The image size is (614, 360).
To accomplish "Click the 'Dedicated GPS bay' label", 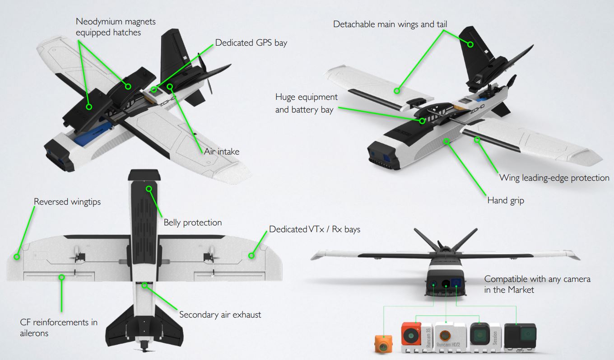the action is click(x=251, y=43).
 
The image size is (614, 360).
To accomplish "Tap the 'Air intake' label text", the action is click(x=222, y=152).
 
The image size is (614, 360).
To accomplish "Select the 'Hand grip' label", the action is click(x=506, y=201).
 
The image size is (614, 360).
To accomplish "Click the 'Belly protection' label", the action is click(x=193, y=223).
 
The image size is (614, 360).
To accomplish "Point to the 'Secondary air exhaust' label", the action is click(x=220, y=314).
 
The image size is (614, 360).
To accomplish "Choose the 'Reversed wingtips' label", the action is click(x=67, y=202).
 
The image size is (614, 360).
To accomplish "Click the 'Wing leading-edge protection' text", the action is click(x=554, y=178).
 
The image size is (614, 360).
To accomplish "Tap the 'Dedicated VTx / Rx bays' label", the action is click(x=315, y=229).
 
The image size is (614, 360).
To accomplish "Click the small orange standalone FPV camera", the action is click(x=383, y=344).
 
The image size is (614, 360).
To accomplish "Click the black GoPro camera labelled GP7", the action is click(x=520, y=338).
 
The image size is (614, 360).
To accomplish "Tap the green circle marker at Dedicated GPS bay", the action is click(x=154, y=89).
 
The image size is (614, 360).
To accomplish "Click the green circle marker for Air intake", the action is click(x=170, y=87).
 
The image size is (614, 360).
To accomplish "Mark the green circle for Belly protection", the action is click(x=149, y=189).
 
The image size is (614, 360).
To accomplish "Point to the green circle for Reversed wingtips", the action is click(x=17, y=257).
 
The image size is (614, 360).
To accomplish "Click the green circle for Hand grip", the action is click(x=447, y=141).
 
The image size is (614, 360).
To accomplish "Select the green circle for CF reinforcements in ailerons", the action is click(x=62, y=277).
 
